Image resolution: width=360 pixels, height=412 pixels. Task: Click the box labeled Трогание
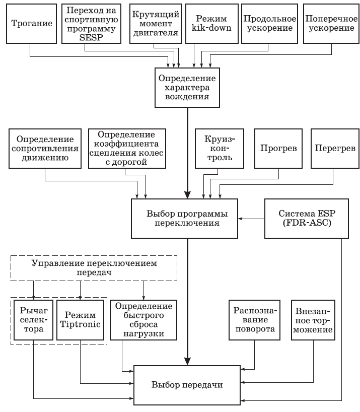tap(30, 23)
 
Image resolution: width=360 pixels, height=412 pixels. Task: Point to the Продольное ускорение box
tap(268, 23)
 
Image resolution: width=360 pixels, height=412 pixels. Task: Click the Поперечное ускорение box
tap(329, 23)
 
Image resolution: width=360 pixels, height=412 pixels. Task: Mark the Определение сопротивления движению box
tap(45, 149)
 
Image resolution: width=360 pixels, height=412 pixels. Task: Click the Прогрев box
tap(278, 149)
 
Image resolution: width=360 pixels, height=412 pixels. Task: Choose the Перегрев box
tap(333, 149)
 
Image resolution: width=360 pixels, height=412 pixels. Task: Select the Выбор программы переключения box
tap(184, 218)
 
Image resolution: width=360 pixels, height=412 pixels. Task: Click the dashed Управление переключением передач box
tap(94, 268)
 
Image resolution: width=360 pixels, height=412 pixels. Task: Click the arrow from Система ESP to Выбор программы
tap(252, 219)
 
